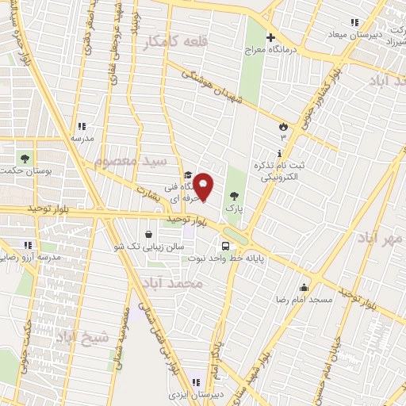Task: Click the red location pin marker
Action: (204, 186)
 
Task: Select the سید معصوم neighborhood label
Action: (132, 161)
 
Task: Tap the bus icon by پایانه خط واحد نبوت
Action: (226, 246)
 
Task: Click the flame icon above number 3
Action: (283, 125)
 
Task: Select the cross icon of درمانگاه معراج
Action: (270, 37)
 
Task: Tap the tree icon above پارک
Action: (234, 195)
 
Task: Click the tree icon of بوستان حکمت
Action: (24, 157)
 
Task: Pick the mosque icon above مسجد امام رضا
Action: (304, 287)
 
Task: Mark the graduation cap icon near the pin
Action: (188, 175)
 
